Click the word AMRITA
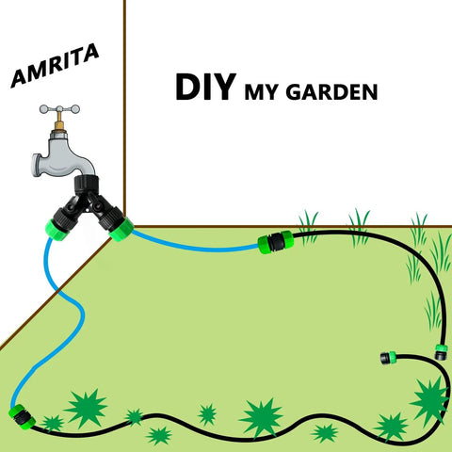point(55,66)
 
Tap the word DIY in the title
point(205,87)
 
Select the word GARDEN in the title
point(331,92)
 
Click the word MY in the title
point(261,92)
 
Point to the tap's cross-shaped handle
point(59,109)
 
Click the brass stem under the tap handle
point(59,122)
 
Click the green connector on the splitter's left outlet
point(57,230)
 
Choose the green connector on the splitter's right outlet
point(121,230)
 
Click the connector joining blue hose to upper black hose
point(276,242)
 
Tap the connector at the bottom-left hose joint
point(22,417)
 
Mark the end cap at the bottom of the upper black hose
point(441,352)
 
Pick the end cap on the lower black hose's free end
point(388,358)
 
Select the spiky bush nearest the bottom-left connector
point(52,423)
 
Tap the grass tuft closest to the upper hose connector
point(308,227)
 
